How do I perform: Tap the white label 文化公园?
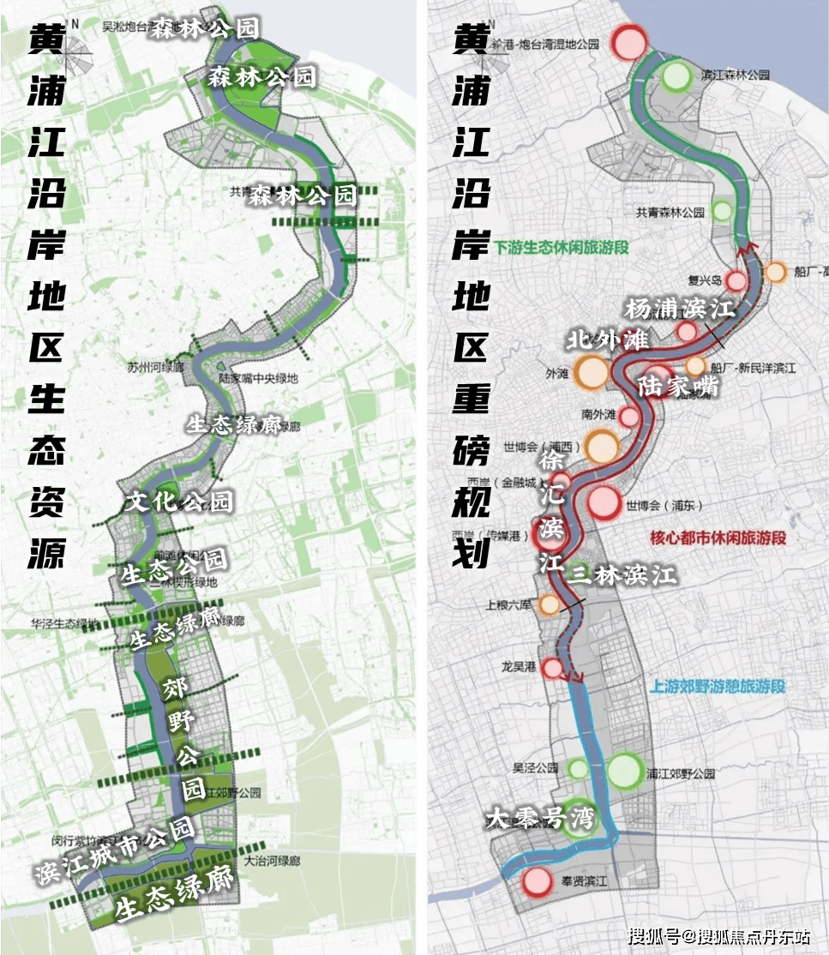click(178, 502)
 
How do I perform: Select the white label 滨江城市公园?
click(115, 851)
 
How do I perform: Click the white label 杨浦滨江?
click(681, 308)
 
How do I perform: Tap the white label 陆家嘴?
click(678, 387)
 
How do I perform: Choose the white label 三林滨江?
click(622, 574)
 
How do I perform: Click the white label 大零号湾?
click(539, 817)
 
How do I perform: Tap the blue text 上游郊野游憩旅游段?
click(718, 686)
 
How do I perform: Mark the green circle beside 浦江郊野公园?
click(625, 770)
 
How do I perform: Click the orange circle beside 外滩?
click(592, 372)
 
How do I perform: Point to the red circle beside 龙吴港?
click(553, 668)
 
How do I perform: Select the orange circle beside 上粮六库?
click(550, 604)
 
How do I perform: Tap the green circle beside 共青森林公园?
click(723, 210)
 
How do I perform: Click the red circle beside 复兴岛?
click(736, 280)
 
